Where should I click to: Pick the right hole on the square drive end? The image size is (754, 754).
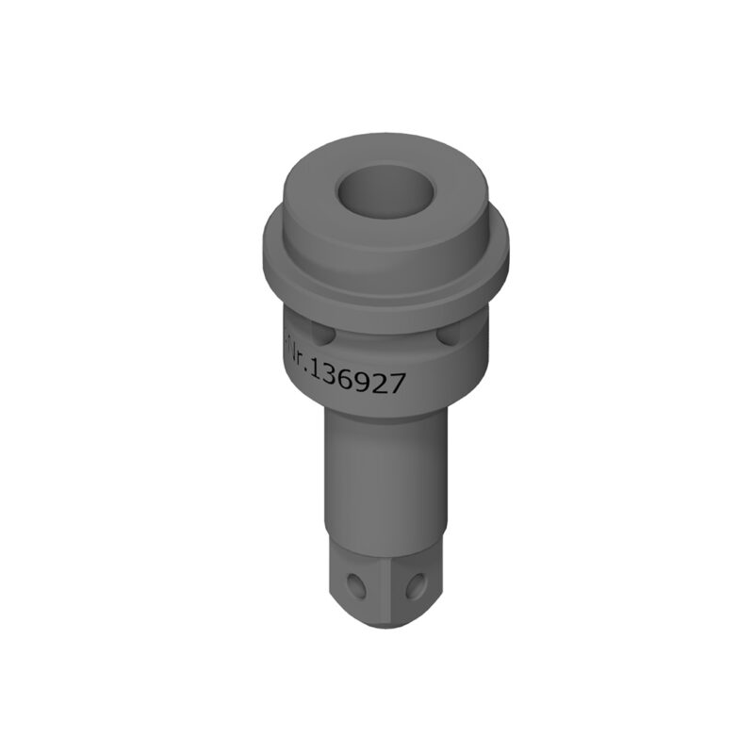pos(413,587)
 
